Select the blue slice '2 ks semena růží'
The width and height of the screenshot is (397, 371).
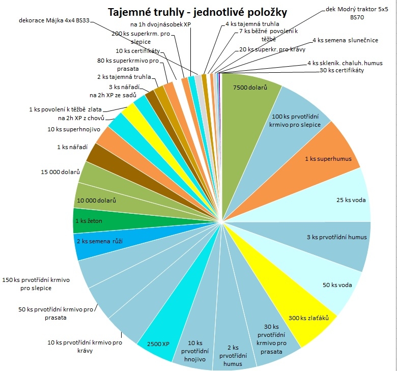tap(99, 241)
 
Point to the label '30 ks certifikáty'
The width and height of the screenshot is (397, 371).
tap(342, 70)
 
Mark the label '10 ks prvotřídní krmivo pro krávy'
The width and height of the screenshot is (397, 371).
tap(84, 346)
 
